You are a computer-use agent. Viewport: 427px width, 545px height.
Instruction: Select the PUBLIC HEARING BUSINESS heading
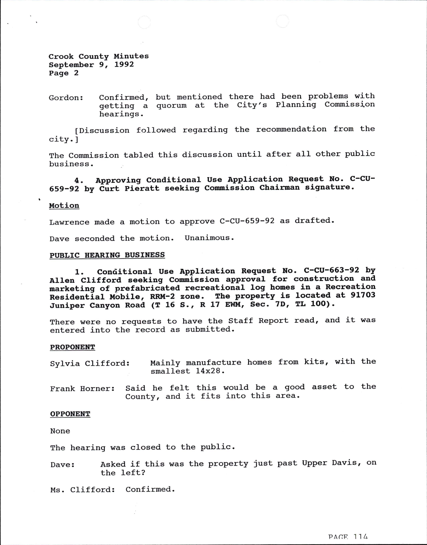[x=107, y=255]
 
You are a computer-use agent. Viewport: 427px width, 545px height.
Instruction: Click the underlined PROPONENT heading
[x=72, y=347]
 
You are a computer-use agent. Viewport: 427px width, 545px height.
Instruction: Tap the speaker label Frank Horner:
[x=82, y=389]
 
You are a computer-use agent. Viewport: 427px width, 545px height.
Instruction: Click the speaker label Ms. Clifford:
[x=82, y=490]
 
